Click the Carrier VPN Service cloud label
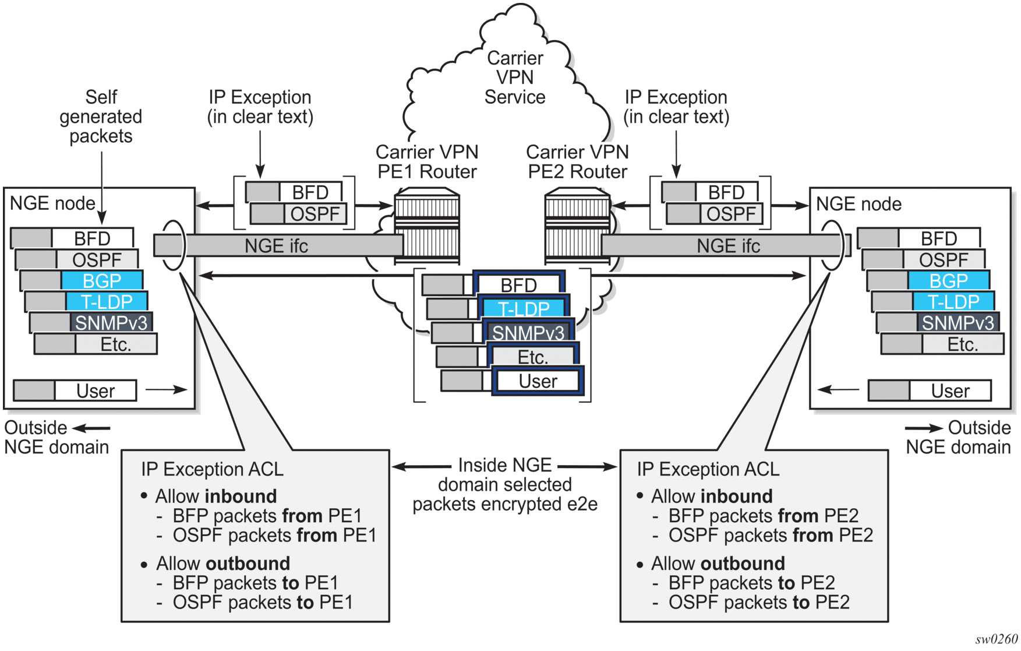pos(515,78)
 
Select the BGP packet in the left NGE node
pos(101,281)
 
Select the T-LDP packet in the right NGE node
pos(953,302)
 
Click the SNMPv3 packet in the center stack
pos(528,333)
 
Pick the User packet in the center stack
pos(538,381)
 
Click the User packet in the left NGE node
pos(96,390)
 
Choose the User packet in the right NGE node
pos(950,390)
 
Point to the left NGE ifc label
pos(276,246)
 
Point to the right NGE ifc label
pos(728,246)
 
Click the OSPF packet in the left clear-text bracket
pos(315,214)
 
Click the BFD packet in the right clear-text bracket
pos(726,192)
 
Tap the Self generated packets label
pos(101,117)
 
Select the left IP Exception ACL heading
pos(212,469)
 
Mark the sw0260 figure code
pos(997,639)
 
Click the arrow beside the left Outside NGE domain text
pos(91,429)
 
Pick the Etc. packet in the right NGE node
pos(962,344)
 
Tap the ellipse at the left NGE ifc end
pos(173,245)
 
